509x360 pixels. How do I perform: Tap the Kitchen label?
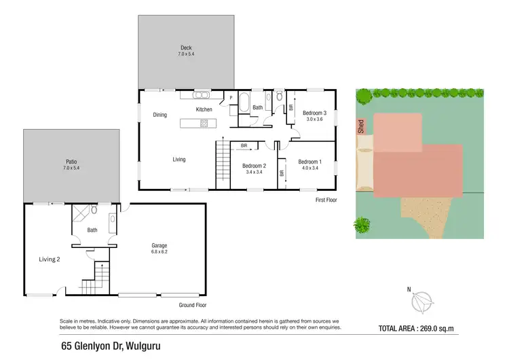click(x=204, y=109)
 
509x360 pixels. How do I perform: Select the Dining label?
click(x=159, y=115)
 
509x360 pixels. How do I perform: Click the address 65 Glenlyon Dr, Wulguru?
click(x=109, y=345)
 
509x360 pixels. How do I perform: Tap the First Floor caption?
click(x=326, y=200)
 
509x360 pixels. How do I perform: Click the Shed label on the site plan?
click(x=360, y=127)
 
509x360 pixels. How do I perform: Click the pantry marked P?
click(x=231, y=98)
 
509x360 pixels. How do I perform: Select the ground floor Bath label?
click(x=92, y=230)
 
